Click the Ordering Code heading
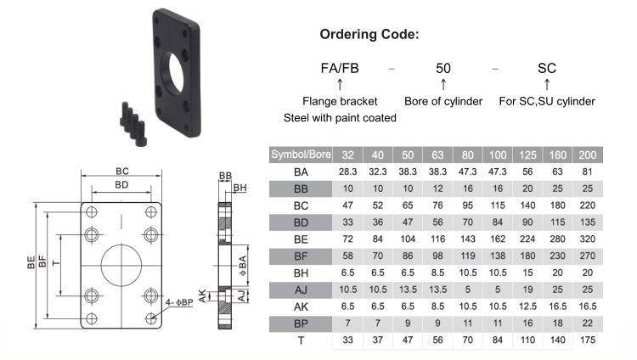click(369, 35)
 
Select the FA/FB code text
click(340, 67)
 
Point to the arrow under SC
click(546, 84)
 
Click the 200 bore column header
click(585, 155)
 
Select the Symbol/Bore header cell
click(300, 155)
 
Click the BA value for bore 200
click(585, 172)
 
